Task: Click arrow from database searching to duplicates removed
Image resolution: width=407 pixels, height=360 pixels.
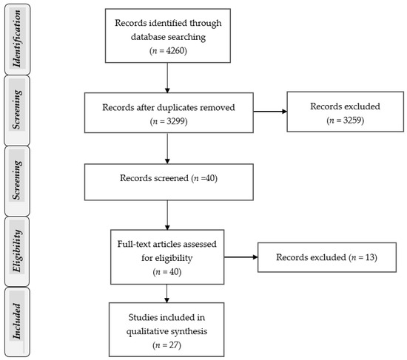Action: (x=169, y=77)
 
